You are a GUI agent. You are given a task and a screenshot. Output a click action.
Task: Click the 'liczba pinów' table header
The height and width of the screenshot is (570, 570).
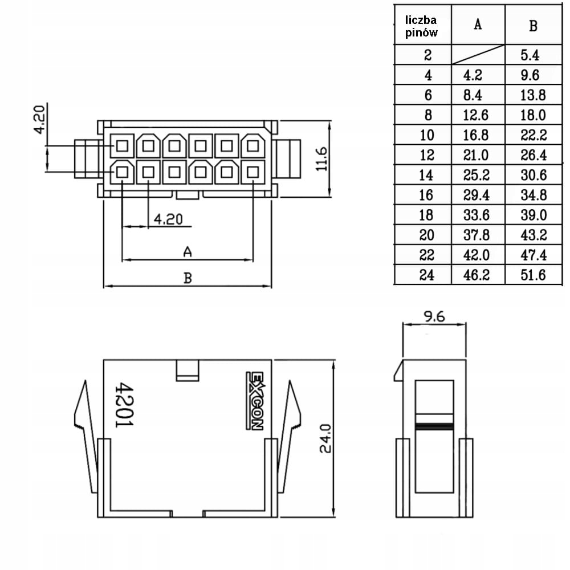422,26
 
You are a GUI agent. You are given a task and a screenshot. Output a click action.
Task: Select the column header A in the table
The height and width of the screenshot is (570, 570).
478,25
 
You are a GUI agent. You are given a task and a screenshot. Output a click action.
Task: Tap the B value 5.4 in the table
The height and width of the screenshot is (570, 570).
533,55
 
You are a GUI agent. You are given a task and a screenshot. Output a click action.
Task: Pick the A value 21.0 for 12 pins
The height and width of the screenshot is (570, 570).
478,155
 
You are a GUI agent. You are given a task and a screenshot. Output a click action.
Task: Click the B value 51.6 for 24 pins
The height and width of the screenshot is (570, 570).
533,275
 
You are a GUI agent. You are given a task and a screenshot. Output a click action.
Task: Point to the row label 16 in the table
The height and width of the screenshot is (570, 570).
426,195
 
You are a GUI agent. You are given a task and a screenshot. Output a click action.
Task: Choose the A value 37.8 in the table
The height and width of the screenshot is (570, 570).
478,235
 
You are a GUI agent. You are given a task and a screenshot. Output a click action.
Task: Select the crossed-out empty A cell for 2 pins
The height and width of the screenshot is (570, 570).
478,55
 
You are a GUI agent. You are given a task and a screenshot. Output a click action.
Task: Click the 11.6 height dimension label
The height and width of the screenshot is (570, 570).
322,158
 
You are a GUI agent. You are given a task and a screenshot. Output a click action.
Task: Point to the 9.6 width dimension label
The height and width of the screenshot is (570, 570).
434,317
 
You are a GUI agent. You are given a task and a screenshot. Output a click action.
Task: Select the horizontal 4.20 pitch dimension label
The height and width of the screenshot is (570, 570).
168,219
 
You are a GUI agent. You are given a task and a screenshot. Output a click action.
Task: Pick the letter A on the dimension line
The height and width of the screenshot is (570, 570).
186,251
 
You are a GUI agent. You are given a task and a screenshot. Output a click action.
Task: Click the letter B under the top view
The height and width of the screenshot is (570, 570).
187,278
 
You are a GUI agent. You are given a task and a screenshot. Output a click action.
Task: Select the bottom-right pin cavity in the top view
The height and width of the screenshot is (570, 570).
253,171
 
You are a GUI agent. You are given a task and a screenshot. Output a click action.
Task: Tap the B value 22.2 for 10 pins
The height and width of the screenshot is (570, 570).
533,135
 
